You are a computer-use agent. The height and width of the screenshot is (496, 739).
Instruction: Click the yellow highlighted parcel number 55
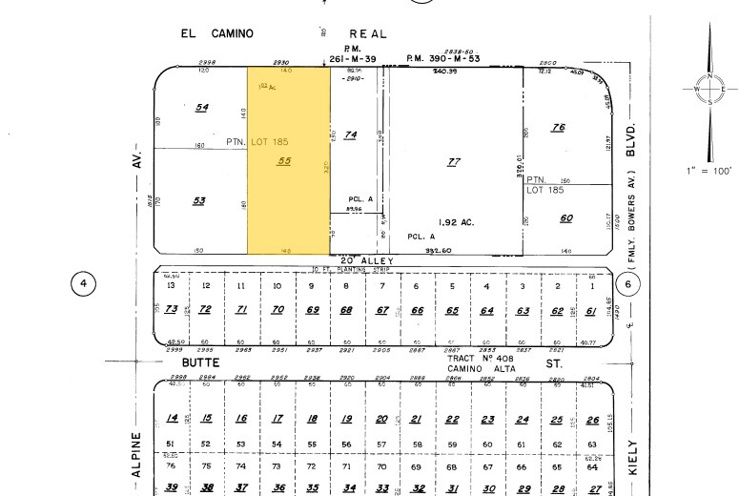[x=283, y=161]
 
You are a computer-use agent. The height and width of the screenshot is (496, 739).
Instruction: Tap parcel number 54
[x=201, y=107]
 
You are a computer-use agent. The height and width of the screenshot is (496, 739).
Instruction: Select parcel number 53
[x=199, y=200]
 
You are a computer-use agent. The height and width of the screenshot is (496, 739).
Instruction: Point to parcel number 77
[x=455, y=161]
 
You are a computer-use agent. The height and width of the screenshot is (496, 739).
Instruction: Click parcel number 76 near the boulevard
[x=559, y=128]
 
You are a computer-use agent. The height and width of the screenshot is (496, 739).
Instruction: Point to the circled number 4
[x=85, y=283]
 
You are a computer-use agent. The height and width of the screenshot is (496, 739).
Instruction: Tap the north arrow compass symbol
[x=709, y=89]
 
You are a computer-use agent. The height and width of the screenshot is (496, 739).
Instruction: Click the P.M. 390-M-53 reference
[x=442, y=58]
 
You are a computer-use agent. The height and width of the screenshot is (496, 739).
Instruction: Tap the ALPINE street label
[x=136, y=454]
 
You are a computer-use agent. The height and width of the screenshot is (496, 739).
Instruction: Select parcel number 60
[x=566, y=218]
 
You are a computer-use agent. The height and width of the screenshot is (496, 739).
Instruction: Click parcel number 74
[x=350, y=135]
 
